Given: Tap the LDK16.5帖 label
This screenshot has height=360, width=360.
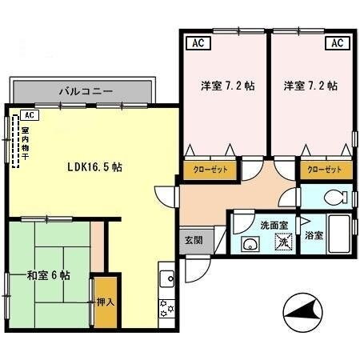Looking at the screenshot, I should (94, 167).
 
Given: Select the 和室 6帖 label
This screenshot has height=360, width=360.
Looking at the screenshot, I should (48, 275).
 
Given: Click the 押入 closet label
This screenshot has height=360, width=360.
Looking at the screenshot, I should (105, 303).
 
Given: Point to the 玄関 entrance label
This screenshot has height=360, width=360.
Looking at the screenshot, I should (193, 239).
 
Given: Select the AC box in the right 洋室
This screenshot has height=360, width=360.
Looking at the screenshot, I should (337, 43).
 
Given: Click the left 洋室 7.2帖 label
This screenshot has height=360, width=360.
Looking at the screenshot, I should (222, 86).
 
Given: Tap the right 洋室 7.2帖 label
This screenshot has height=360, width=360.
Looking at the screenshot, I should (310, 86).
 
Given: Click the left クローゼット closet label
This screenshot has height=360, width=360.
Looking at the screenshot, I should (210, 170).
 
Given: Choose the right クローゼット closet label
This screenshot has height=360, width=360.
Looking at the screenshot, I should (325, 170).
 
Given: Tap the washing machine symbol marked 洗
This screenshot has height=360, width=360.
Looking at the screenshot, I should (282, 245).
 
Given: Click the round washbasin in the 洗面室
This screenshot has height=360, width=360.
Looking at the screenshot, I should (250, 246).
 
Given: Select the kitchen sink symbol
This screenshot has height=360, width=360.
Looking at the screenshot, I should (168, 278).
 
